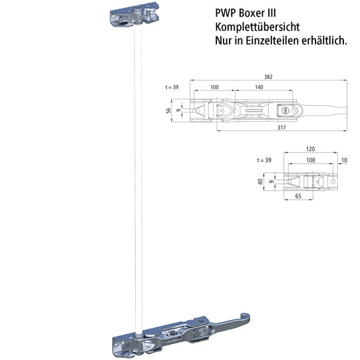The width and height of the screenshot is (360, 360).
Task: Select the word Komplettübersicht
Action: (256, 27)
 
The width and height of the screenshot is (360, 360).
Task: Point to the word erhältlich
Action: (324, 41)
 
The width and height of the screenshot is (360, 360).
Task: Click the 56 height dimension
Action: (169, 110)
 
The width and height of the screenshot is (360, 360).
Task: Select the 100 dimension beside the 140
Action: (214, 88)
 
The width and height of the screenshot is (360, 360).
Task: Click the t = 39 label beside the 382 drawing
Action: (172, 88)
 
